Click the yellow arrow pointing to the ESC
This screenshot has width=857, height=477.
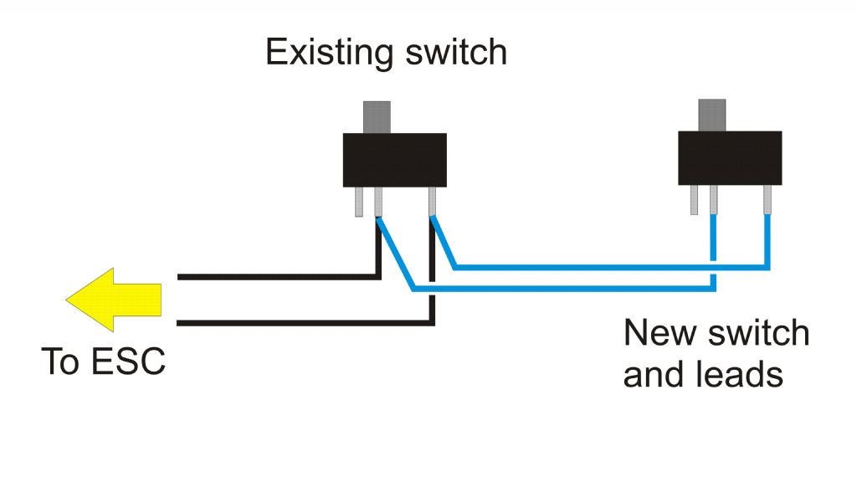[114, 300]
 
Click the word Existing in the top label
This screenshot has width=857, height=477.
[329, 53]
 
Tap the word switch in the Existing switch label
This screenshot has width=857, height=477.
[456, 52]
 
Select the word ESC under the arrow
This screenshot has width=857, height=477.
[128, 362]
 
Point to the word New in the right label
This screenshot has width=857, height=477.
[661, 333]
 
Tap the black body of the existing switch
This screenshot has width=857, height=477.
[395, 160]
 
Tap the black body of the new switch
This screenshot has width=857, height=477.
[730, 158]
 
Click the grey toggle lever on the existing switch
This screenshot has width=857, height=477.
[377, 117]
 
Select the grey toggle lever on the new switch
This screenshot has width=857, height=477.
[711, 115]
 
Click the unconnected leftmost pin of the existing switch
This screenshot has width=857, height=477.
[359, 202]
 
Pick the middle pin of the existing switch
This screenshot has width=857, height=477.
[378, 203]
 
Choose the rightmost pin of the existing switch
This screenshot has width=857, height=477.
[433, 202]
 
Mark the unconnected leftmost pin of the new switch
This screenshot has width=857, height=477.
[694, 200]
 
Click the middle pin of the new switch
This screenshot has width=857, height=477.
[713, 200]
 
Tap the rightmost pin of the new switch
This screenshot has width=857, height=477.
[767, 200]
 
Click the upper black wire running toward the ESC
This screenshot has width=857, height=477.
[279, 277]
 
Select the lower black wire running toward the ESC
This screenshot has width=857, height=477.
[306, 324]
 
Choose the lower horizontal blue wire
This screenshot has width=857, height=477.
[563, 288]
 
